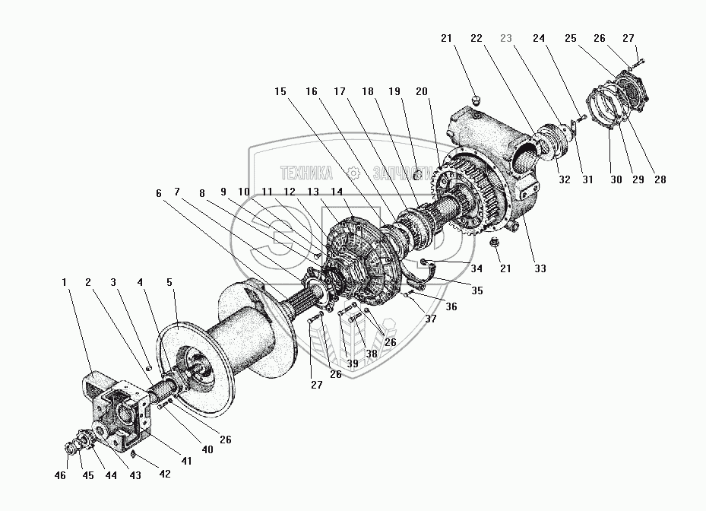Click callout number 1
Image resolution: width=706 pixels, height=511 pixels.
click(x=65, y=281)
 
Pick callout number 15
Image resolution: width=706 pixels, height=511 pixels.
click(x=280, y=91)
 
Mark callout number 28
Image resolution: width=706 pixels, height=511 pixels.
click(x=660, y=180)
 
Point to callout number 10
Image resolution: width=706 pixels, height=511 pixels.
click(x=245, y=192)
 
